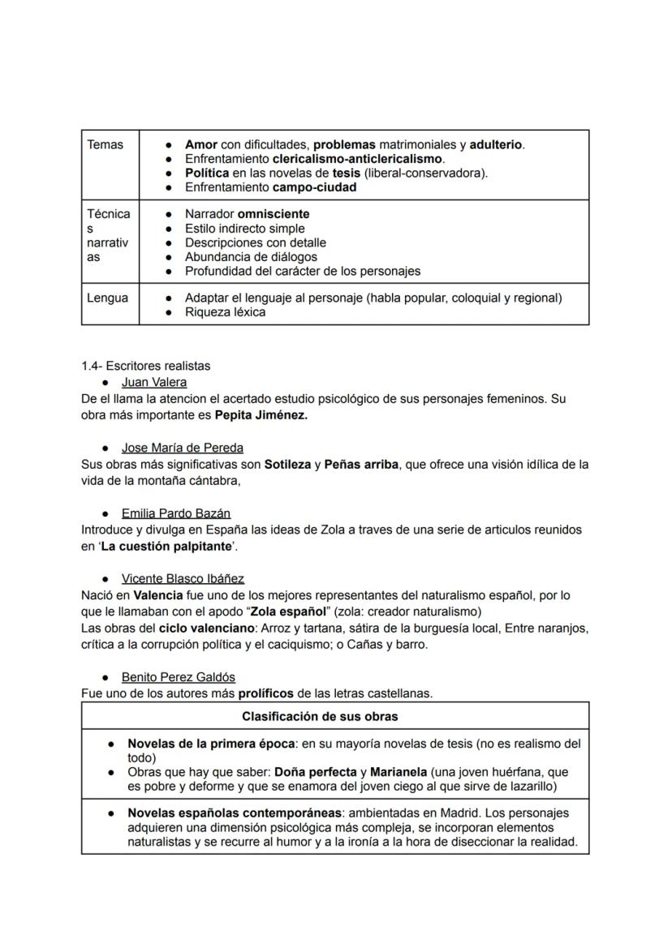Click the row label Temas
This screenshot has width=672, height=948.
point(105,144)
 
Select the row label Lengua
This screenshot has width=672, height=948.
point(107,298)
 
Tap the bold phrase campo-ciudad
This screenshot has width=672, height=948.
point(314,187)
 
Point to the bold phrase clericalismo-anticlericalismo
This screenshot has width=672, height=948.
point(357,159)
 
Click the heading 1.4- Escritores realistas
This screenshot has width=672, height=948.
point(146,366)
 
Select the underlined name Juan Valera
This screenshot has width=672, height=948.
point(154,382)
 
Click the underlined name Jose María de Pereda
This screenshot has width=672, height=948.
point(182,448)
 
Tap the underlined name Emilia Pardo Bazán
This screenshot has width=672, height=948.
point(176,513)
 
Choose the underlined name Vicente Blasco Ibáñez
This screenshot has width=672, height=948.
point(183,579)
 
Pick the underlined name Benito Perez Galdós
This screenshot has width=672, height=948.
point(179,677)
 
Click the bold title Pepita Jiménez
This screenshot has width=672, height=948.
point(261,415)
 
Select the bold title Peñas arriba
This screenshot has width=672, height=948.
point(360,465)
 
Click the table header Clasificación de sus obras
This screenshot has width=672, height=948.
point(320,717)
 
